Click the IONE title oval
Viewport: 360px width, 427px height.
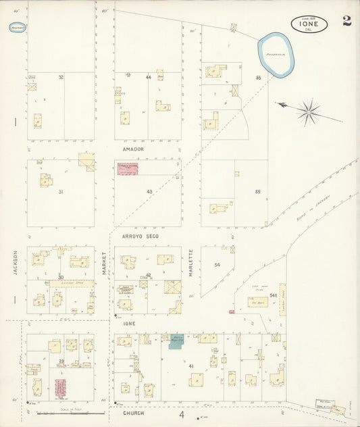310,24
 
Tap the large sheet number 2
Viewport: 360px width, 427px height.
346,20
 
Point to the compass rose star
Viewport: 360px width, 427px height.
309,111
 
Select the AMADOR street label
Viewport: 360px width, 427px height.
133,149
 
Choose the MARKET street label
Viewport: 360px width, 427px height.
105,263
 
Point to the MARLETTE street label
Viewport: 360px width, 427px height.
191,261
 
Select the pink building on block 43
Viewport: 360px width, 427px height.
128,170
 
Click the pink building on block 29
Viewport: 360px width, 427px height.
60,387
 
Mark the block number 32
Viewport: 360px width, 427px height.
61,77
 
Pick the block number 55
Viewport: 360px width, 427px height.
257,192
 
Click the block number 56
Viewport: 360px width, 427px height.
257,78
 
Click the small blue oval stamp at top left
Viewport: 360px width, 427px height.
18,28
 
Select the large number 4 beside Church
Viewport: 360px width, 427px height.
181,414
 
